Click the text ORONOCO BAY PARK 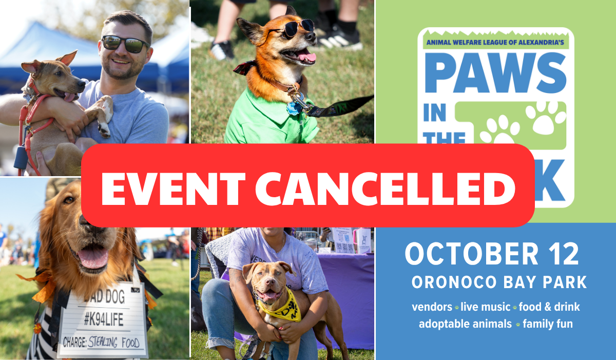(x=499, y=282)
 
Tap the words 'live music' (x=484, y=307)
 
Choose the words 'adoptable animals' (x=465, y=324)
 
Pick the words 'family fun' (x=548, y=324)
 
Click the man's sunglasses (x=126, y=44)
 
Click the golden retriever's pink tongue (x=93, y=258)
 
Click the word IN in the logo (x=434, y=114)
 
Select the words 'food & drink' (x=549, y=307)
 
